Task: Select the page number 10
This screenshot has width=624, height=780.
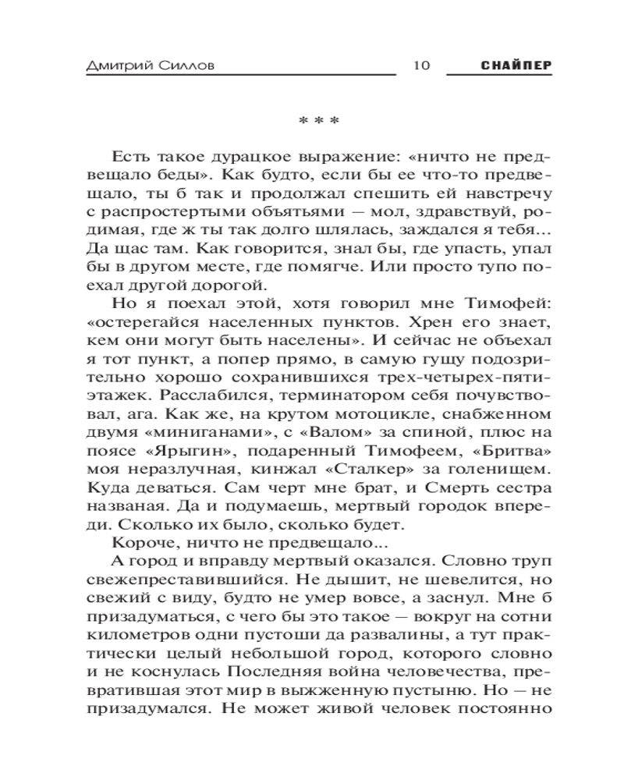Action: click(419, 66)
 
